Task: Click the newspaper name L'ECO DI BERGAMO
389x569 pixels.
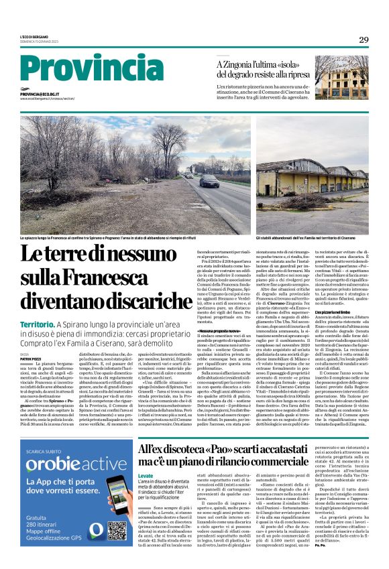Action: [x=34, y=36]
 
